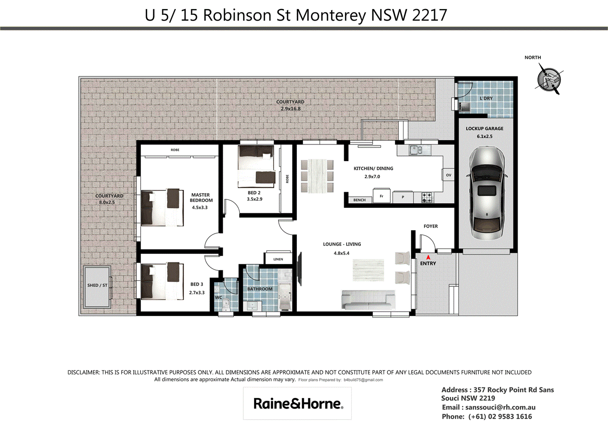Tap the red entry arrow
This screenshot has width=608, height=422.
click(428, 257)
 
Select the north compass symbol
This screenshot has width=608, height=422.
click(549, 79)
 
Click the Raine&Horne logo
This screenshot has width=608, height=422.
click(298, 403)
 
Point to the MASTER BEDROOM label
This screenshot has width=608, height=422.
click(201, 197)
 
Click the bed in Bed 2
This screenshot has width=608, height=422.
click(256, 166)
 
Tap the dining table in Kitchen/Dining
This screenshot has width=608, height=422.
click(317, 176)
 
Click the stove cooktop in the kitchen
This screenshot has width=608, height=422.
click(427, 197)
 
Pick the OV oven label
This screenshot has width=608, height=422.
click(448, 175)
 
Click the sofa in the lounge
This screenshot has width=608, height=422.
click(368, 300)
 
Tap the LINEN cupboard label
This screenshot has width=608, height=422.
click(278, 259)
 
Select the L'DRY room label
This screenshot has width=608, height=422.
click(486, 98)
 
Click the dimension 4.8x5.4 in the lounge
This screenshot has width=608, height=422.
click(341, 253)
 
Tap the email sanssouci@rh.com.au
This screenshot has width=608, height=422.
click(500, 407)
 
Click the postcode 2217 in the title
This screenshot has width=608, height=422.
click(429, 15)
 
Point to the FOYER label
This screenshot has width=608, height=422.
click(430, 226)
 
